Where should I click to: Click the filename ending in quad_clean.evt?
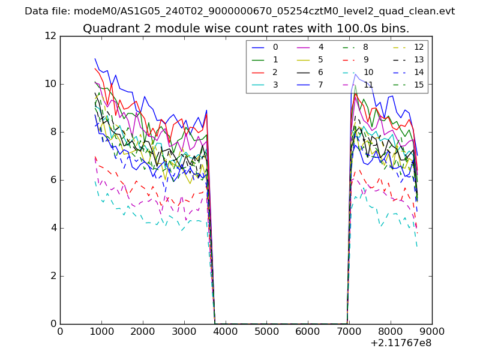pos(264,11)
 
